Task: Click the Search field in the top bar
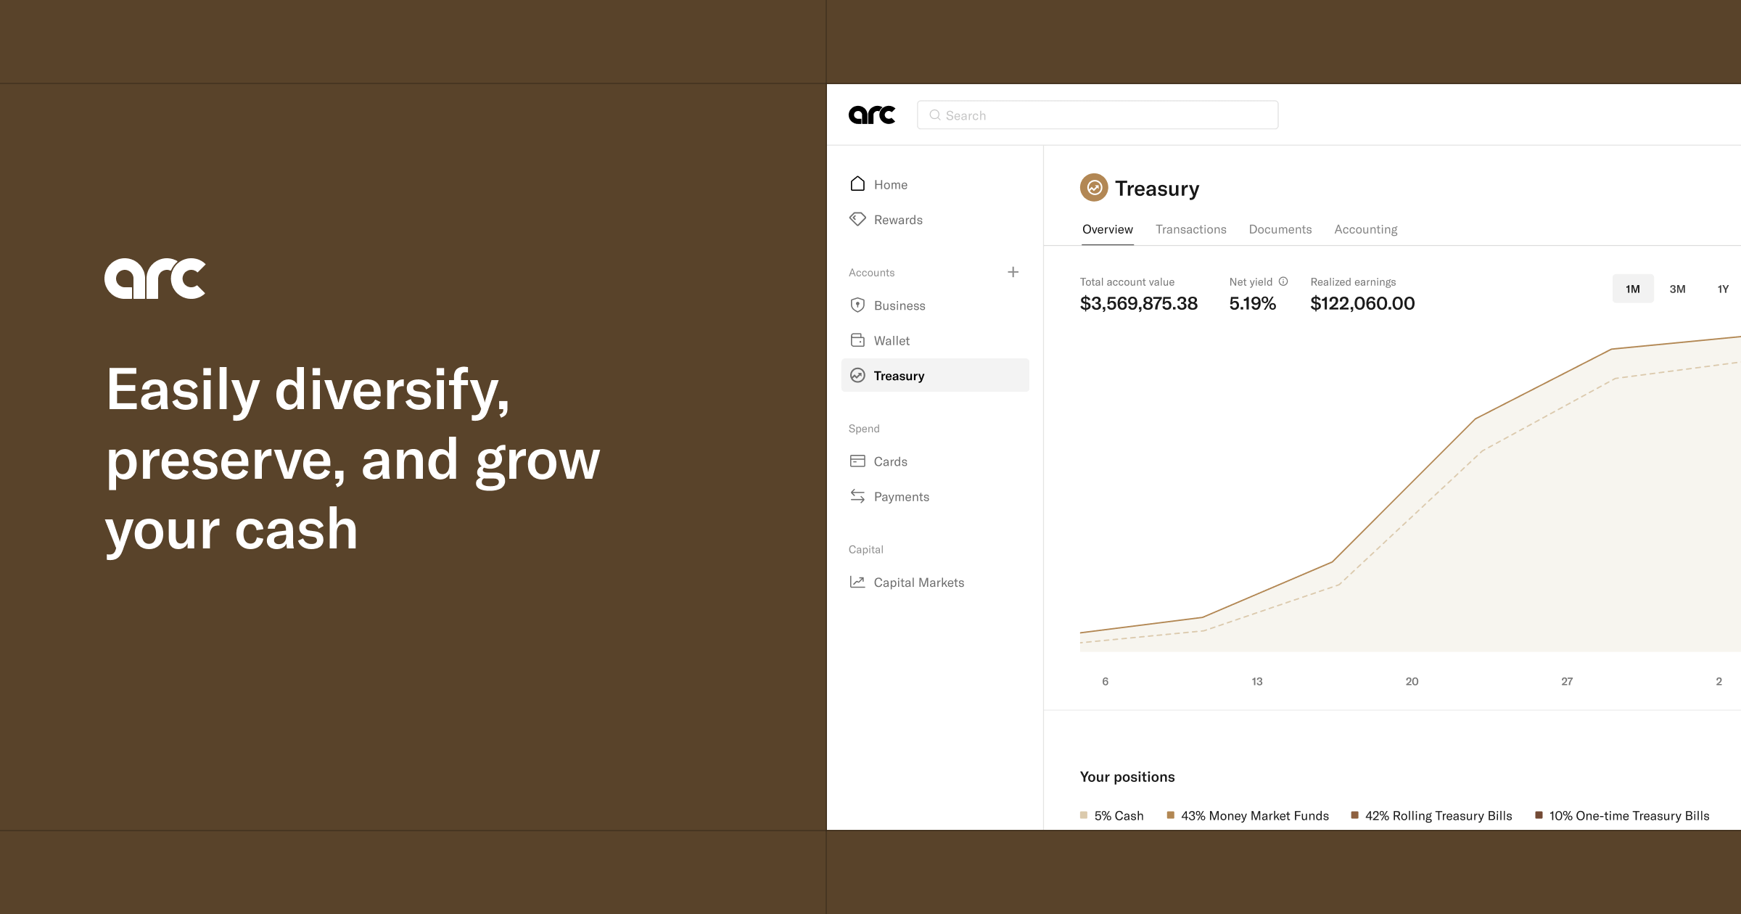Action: click(1098, 115)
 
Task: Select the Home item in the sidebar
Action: click(878, 184)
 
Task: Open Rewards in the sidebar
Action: click(886, 220)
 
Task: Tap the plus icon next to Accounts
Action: click(1013, 272)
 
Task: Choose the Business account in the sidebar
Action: click(887, 305)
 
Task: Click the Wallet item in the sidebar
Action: click(879, 340)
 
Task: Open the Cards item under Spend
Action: click(878, 461)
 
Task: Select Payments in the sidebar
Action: click(889, 496)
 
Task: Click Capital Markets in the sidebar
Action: click(907, 582)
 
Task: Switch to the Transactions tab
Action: click(1191, 229)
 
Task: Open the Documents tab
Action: click(1280, 229)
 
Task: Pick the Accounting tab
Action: click(1366, 229)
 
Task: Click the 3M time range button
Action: click(1677, 289)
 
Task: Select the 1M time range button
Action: click(1633, 289)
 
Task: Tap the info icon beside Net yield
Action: click(1283, 281)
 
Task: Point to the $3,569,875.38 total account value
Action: click(1139, 303)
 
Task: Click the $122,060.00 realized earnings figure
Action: click(1362, 303)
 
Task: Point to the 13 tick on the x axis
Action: click(1257, 681)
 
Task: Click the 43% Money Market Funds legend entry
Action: click(1248, 815)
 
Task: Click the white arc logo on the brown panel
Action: click(155, 279)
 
